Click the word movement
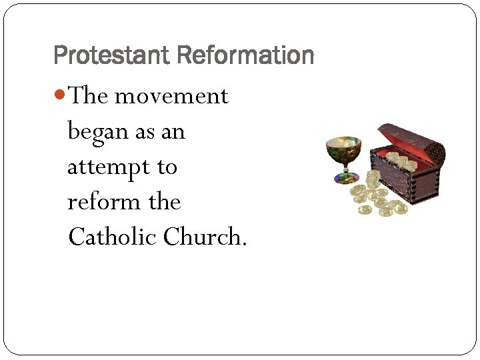point(172,97)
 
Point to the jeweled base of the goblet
point(345,178)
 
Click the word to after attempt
point(167,167)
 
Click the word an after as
point(172,132)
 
